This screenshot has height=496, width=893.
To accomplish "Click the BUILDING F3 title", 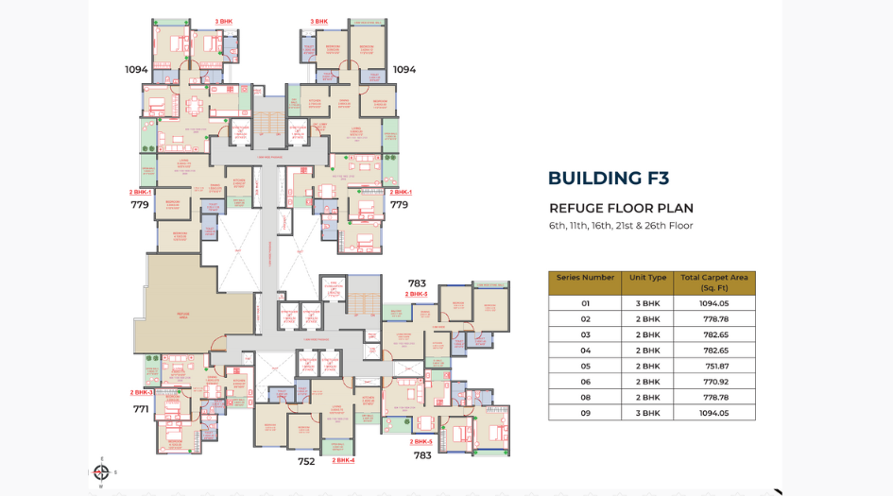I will pyautogui.click(x=609, y=179).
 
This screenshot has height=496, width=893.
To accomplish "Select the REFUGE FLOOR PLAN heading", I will pyautogui.click(x=621, y=209).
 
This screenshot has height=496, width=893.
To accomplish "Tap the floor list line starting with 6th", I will pyautogui.click(x=621, y=226).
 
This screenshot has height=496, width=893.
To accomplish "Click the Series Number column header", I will pyautogui.click(x=585, y=278).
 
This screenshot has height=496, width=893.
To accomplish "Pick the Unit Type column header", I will pyautogui.click(x=647, y=278).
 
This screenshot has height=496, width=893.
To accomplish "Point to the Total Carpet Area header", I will pyautogui.click(x=714, y=282).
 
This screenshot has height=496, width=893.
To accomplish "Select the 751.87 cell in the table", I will pyautogui.click(x=715, y=366).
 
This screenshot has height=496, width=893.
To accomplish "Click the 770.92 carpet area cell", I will pyautogui.click(x=715, y=382).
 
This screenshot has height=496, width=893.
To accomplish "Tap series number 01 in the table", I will pyautogui.click(x=585, y=303).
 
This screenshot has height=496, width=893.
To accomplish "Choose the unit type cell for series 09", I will pyautogui.click(x=647, y=413).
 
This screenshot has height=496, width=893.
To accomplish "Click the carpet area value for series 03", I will pyautogui.click(x=715, y=334).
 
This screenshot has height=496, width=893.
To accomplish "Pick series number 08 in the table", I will pyautogui.click(x=585, y=397).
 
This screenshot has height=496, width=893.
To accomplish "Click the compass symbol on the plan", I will pyautogui.click(x=101, y=471).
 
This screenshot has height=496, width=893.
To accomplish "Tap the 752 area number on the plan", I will pyautogui.click(x=306, y=462).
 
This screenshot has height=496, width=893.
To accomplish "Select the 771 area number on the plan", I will pyautogui.click(x=141, y=409).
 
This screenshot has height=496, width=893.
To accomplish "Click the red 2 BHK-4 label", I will pyautogui.click(x=343, y=460).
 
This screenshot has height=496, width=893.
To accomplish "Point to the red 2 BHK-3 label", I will pyautogui.click(x=142, y=392).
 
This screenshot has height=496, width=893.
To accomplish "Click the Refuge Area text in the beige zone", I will pyautogui.click(x=182, y=314).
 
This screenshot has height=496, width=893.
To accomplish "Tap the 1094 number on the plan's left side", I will pyautogui.click(x=136, y=70).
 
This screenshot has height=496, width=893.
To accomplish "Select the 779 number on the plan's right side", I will pyautogui.click(x=399, y=204).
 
